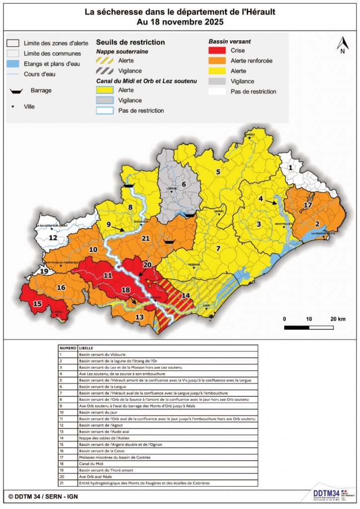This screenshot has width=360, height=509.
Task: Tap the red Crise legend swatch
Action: [216, 51]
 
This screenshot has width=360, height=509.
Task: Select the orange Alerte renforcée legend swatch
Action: [216, 61]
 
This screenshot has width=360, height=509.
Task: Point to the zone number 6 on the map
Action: [183, 184]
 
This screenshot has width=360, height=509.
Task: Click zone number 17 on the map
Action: [308, 205]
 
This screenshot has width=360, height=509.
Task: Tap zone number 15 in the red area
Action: [37, 304]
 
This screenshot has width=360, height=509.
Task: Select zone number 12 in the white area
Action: [52, 238]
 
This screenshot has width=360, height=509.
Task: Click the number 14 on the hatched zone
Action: [185, 295]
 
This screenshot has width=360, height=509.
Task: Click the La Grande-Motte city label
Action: [321, 233]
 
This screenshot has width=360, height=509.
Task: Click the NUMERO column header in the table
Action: [68, 348]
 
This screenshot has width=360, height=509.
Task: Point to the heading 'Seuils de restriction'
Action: [130, 43]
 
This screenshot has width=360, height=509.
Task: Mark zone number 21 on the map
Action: [146, 238]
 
